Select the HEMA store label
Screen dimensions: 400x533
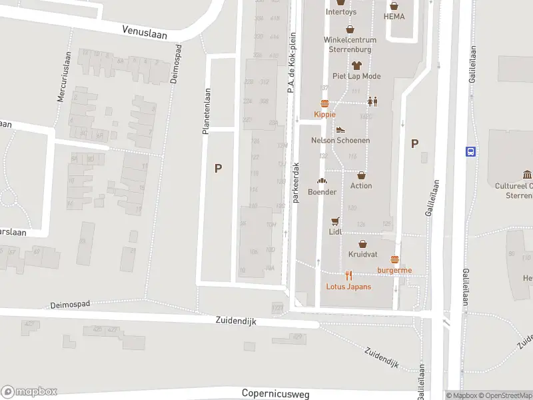394,16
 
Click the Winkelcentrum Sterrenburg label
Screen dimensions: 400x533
350,43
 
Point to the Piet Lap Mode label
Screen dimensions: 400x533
356,77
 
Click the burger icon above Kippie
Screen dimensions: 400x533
325,103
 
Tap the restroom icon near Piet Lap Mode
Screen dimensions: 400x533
372,102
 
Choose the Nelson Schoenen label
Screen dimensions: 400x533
340,141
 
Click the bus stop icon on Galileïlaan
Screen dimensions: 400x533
471,151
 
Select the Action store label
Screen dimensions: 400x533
361,186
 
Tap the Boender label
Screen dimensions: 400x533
322,192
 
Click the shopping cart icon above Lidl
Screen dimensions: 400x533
335,221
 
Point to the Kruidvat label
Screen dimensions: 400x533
362,254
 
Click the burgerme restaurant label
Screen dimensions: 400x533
394,270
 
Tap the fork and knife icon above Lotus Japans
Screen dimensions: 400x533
348,275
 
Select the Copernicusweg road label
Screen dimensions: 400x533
275,393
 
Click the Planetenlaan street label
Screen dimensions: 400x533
207,112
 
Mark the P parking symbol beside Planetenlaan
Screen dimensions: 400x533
218,169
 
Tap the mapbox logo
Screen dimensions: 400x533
29,392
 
